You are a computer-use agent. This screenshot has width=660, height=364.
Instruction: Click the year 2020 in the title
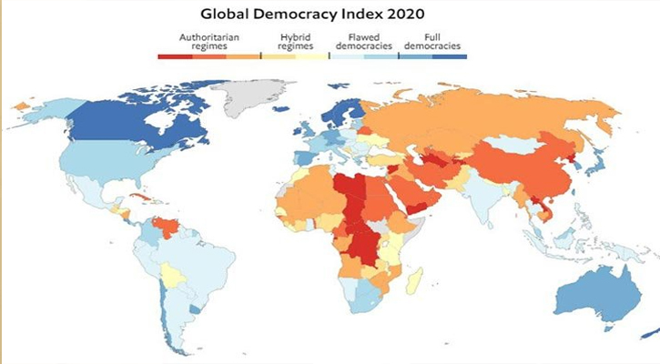(401, 15)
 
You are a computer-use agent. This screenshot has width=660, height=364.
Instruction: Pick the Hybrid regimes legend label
(292, 41)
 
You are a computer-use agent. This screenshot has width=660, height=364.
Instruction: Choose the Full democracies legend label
(433, 41)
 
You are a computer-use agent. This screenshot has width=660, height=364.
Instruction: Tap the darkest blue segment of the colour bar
(450, 56)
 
